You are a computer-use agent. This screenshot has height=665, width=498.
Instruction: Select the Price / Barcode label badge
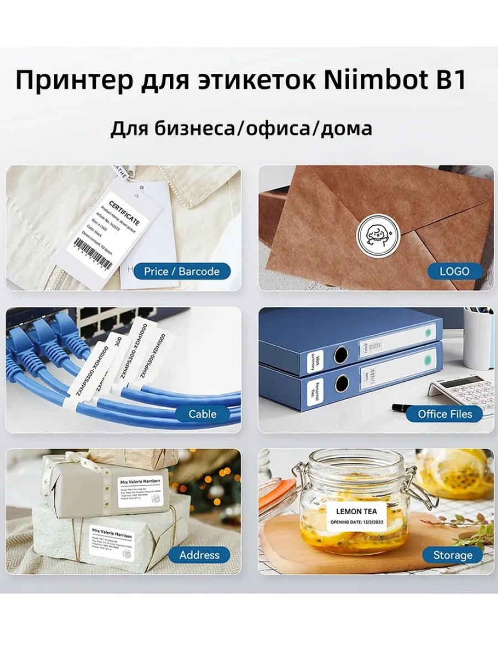coord(181,272)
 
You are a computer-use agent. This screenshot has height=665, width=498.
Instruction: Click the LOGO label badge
coord(454,272)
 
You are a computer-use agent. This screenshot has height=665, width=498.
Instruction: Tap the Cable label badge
coord(203,414)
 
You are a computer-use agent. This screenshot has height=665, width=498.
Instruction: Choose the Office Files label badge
coord(445,414)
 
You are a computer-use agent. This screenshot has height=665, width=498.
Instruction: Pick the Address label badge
coord(199,555)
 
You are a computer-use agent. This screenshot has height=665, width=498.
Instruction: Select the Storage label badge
coord(453,555)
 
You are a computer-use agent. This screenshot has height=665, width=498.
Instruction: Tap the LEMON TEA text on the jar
coord(356,511)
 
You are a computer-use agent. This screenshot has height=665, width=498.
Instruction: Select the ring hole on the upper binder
coord(340,354)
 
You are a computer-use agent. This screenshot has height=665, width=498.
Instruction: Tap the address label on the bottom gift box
coord(111,539)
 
